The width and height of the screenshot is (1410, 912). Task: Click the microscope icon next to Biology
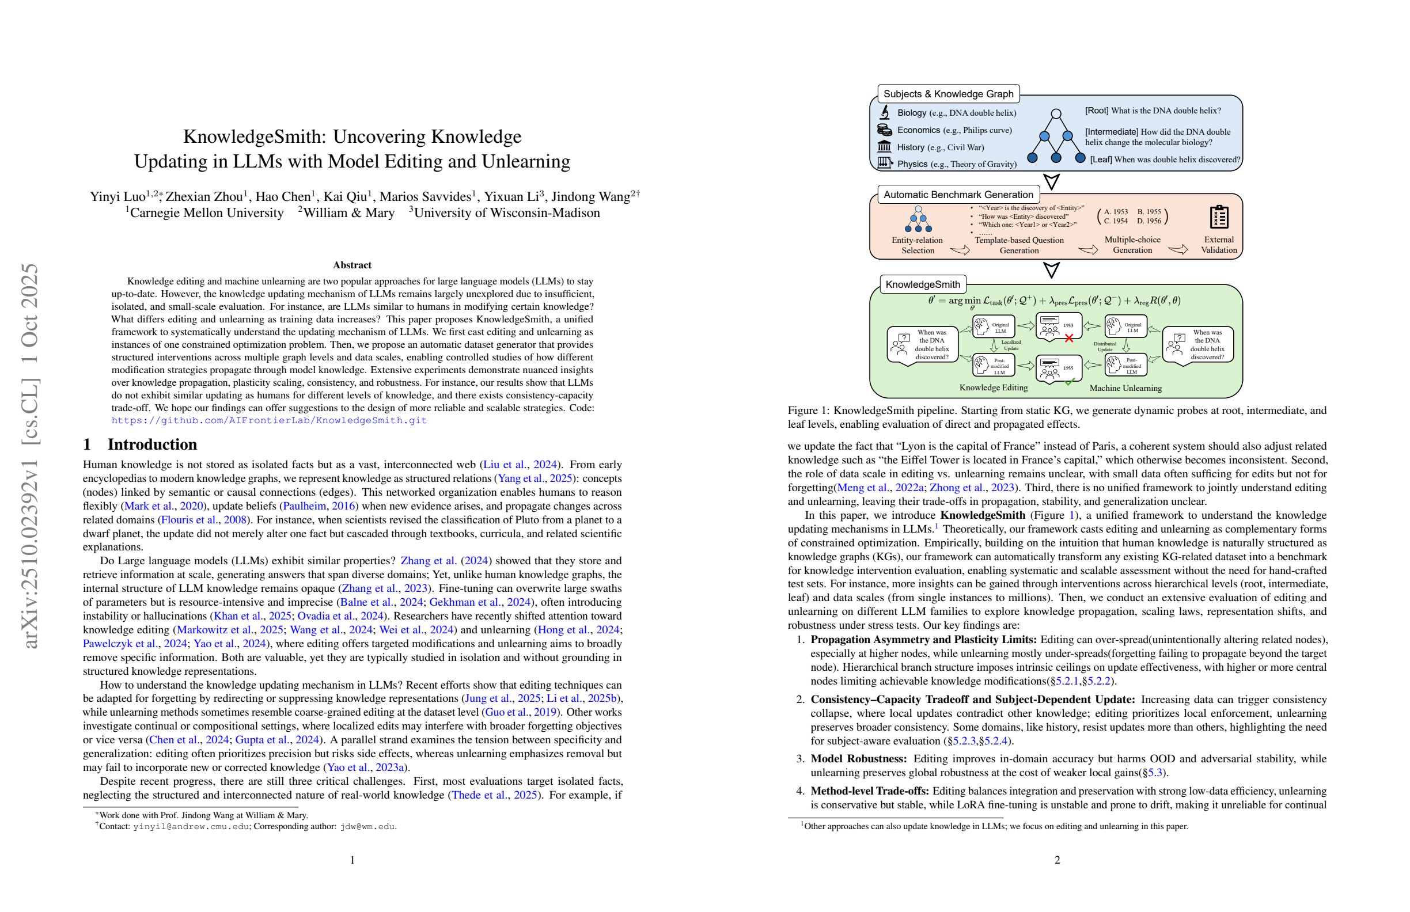885,112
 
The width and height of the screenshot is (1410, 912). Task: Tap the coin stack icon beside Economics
885,130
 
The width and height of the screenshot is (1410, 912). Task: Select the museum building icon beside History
885,147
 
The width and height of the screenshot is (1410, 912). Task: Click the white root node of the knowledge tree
1056,113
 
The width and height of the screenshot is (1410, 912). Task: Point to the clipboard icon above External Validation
1219,217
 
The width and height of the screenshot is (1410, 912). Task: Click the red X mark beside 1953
1069,338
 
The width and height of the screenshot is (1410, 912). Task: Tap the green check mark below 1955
1069,382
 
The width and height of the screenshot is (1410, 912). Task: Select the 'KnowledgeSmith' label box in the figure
922,284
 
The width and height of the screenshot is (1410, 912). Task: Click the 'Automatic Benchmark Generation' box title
958,195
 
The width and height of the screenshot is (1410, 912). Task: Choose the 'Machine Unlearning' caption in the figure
1125,389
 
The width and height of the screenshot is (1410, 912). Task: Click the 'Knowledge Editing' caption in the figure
994,388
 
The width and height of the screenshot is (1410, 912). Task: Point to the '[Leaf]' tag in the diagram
1101,160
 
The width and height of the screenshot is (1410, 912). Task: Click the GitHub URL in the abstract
269,420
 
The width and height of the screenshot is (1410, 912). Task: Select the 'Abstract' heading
352,265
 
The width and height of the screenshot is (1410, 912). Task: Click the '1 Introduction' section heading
140,444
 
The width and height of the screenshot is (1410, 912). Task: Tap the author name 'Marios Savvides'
426,196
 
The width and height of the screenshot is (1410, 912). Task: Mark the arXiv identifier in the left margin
29,456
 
